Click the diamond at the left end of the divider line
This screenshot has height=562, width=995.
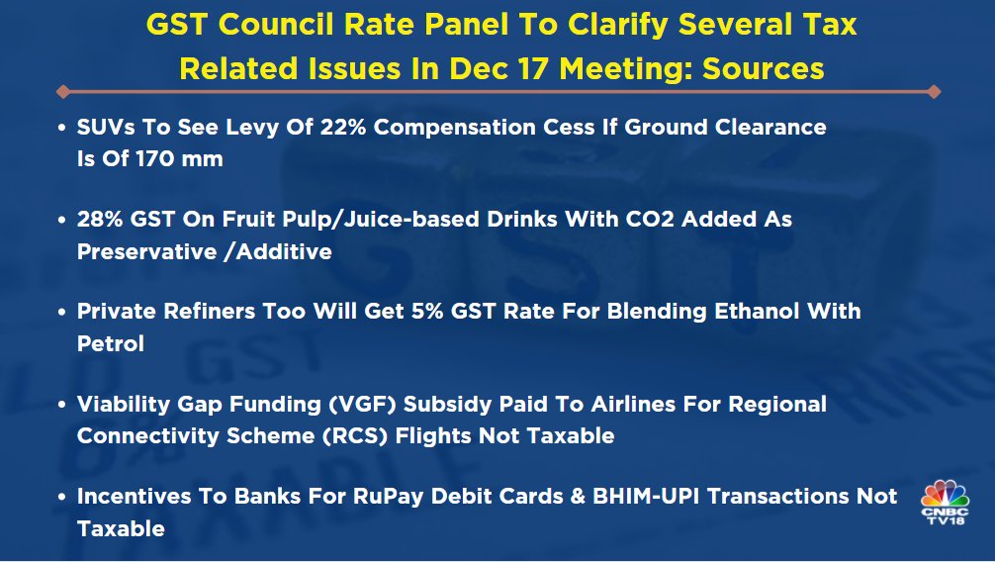pyautogui.click(x=62, y=91)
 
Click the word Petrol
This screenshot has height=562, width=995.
pyautogui.click(x=111, y=343)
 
